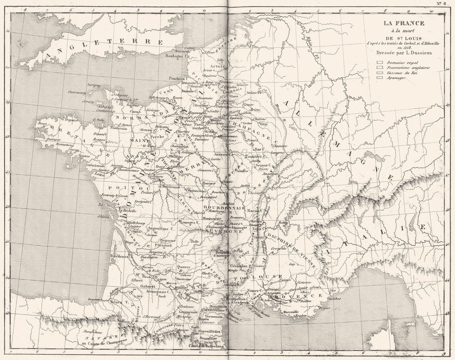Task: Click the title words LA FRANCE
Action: click(403, 23)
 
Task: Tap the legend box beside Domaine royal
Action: click(379, 63)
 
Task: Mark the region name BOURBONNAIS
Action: click(224, 208)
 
